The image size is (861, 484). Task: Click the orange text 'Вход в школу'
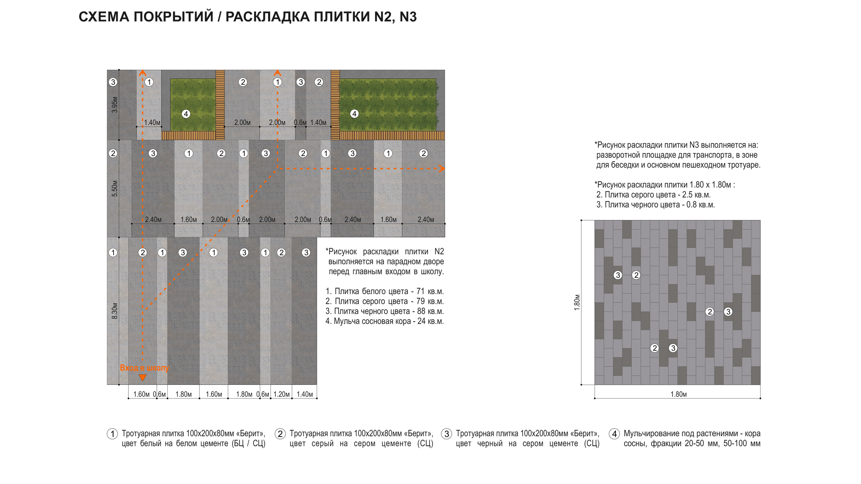point(144,368)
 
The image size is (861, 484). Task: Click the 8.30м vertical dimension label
point(115,311)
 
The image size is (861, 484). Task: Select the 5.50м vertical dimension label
point(115,188)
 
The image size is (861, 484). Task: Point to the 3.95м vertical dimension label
point(115,105)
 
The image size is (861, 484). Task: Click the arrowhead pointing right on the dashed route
point(442,169)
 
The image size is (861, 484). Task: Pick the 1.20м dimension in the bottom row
point(282,394)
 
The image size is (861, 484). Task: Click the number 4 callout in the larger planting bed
point(354,114)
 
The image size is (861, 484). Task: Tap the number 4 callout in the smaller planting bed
point(186,114)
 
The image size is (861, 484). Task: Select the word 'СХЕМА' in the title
point(104,17)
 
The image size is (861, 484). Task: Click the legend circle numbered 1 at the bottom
point(112,434)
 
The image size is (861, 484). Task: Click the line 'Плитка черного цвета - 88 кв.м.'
point(384,311)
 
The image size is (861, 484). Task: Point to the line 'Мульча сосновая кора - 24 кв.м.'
point(384,321)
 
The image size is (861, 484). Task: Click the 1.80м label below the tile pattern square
point(678,394)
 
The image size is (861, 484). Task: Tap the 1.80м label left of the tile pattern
point(577,302)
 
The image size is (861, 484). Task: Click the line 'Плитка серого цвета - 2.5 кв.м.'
point(653,195)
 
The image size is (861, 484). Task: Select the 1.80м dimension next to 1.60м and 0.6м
point(183,394)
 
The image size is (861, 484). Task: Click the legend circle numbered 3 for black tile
point(447,434)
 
